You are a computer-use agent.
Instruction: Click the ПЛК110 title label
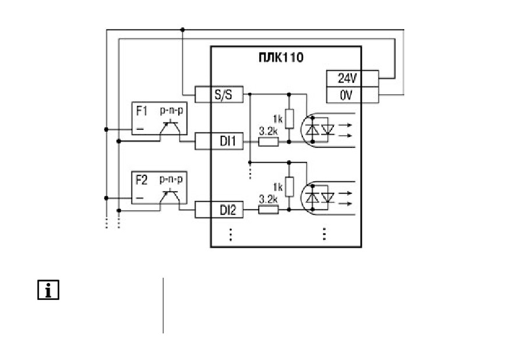[x=281, y=57]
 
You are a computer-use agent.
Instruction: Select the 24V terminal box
[x=352, y=79]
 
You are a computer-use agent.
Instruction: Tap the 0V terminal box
[x=352, y=95]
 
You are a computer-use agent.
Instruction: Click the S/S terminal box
[x=219, y=94]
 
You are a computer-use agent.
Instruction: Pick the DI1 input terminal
[x=219, y=141]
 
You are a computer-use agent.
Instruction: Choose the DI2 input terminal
[x=219, y=210]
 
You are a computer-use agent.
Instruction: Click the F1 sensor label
[x=142, y=111]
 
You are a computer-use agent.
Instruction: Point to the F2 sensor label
[x=142, y=180]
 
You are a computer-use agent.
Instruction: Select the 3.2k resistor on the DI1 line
[x=269, y=142]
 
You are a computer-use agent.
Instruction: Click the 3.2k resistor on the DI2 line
[x=269, y=210]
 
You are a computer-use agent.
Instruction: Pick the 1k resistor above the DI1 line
[x=290, y=119]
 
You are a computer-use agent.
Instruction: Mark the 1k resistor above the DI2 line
[x=290, y=186]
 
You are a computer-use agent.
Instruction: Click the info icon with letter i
[x=48, y=290]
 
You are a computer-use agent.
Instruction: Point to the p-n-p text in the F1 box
[x=171, y=111]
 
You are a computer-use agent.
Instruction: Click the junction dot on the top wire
[x=182, y=30]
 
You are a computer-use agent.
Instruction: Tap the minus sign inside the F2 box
[x=140, y=198]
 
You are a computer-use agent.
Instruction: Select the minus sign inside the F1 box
[x=140, y=129]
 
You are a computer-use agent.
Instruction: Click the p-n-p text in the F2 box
[x=171, y=179]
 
